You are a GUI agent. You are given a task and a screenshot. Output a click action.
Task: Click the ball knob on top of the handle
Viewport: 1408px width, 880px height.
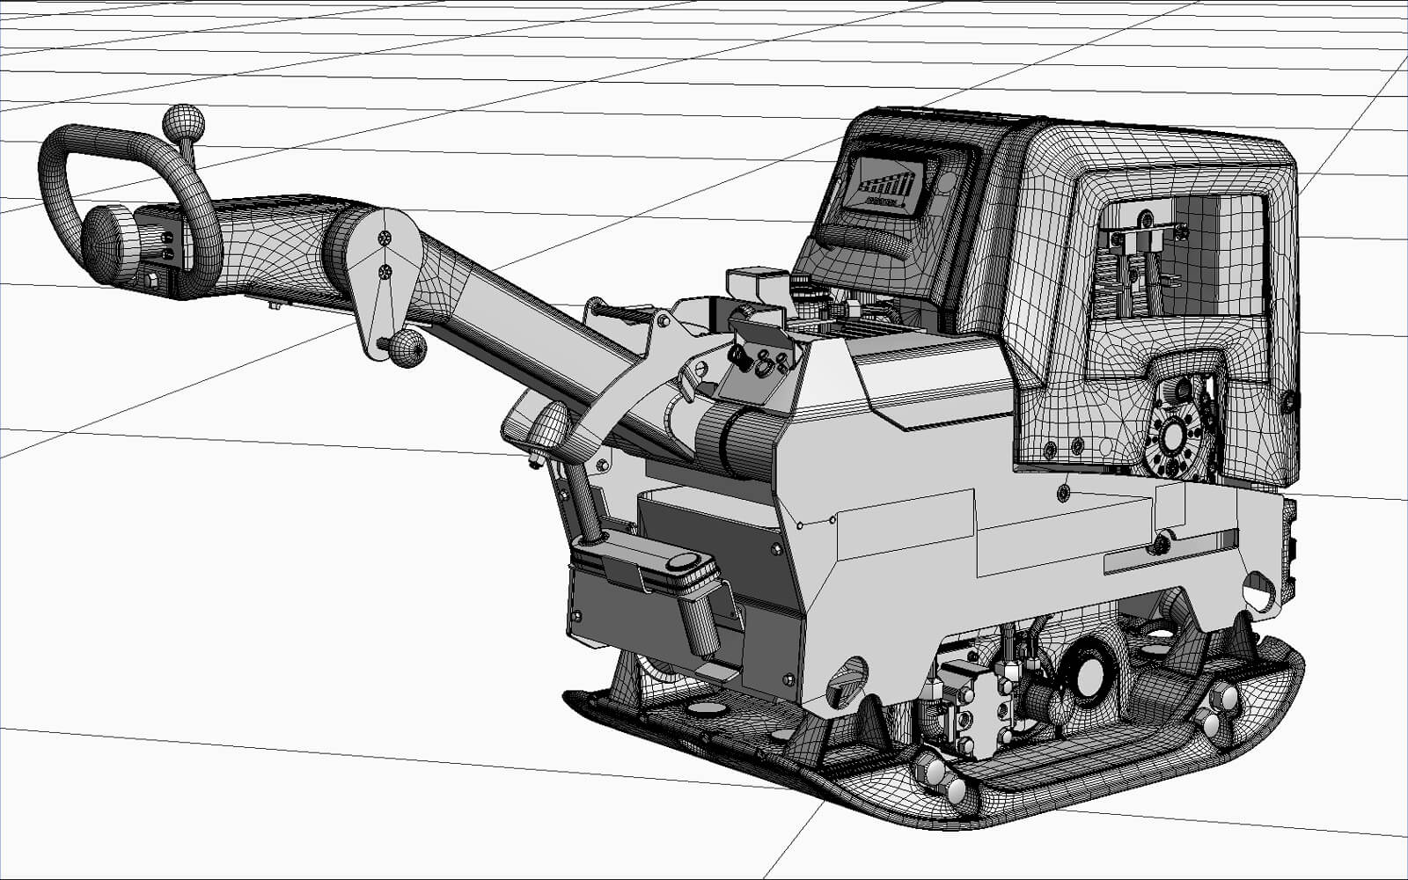[x=184, y=125]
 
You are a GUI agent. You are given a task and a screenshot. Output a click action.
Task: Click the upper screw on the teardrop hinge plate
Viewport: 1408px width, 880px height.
[x=385, y=238]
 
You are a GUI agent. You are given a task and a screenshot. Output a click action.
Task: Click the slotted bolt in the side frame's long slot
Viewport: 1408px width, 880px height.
[x=1161, y=543]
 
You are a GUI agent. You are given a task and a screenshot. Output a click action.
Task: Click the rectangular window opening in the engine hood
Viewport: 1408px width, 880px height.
[x=1184, y=255]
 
